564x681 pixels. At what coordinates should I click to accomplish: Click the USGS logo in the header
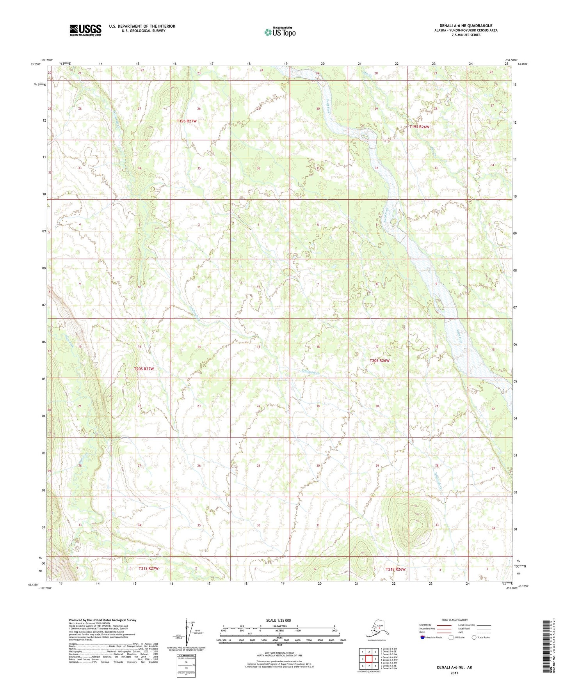(85, 30)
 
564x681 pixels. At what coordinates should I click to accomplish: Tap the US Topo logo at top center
(280, 32)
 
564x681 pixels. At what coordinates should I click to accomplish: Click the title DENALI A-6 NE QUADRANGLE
(466, 26)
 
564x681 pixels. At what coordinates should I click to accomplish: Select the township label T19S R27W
(187, 121)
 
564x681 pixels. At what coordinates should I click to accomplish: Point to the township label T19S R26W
(419, 127)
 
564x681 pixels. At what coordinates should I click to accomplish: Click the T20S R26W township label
(379, 360)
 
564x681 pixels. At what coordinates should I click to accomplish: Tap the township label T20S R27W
(144, 369)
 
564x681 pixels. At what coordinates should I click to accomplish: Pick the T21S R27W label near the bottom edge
(148, 568)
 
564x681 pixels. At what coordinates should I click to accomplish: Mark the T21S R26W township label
(396, 569)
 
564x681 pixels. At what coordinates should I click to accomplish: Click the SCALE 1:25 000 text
(278, 620)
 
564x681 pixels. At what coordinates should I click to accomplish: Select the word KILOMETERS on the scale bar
(279, 626)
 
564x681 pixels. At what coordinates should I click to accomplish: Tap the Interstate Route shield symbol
(422, 637)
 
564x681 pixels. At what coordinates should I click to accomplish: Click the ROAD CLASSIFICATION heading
(454, 620)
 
